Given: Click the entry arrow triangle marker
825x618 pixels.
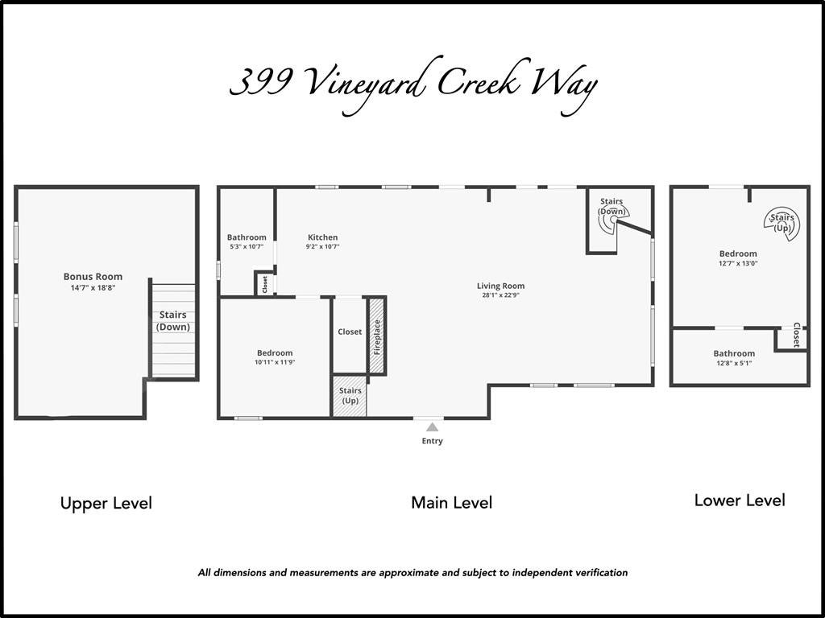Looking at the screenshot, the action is [432, 426].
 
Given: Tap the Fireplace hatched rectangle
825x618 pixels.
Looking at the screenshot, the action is [377, 336].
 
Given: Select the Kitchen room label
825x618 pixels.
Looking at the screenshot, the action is [322, 237].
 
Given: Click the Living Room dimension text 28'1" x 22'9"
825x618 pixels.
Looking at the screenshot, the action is [500, 295].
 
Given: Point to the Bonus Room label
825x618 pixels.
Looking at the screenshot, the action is [93, 277].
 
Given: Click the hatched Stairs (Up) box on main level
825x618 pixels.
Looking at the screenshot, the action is [350, 396].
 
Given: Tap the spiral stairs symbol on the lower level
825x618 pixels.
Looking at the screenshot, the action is [781, 224].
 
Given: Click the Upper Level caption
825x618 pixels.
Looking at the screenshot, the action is [106, 503].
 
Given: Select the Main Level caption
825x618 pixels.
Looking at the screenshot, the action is [451, 502].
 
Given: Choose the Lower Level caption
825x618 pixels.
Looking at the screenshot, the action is [740, 500].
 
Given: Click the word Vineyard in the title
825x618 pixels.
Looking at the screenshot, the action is [363, 84].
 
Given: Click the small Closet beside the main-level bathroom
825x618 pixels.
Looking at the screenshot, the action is [264, 284].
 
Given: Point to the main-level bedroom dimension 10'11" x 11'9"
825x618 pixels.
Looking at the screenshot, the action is [275, 362].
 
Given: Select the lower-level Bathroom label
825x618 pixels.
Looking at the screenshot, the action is [734, 354].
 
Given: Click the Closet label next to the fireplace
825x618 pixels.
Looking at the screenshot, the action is [350, 332].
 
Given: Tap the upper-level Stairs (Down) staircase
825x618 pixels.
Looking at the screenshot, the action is [174, 331].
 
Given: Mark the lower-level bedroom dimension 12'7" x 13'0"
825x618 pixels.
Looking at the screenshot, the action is [739, 263].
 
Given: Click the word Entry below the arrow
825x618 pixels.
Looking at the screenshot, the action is [432, 441].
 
